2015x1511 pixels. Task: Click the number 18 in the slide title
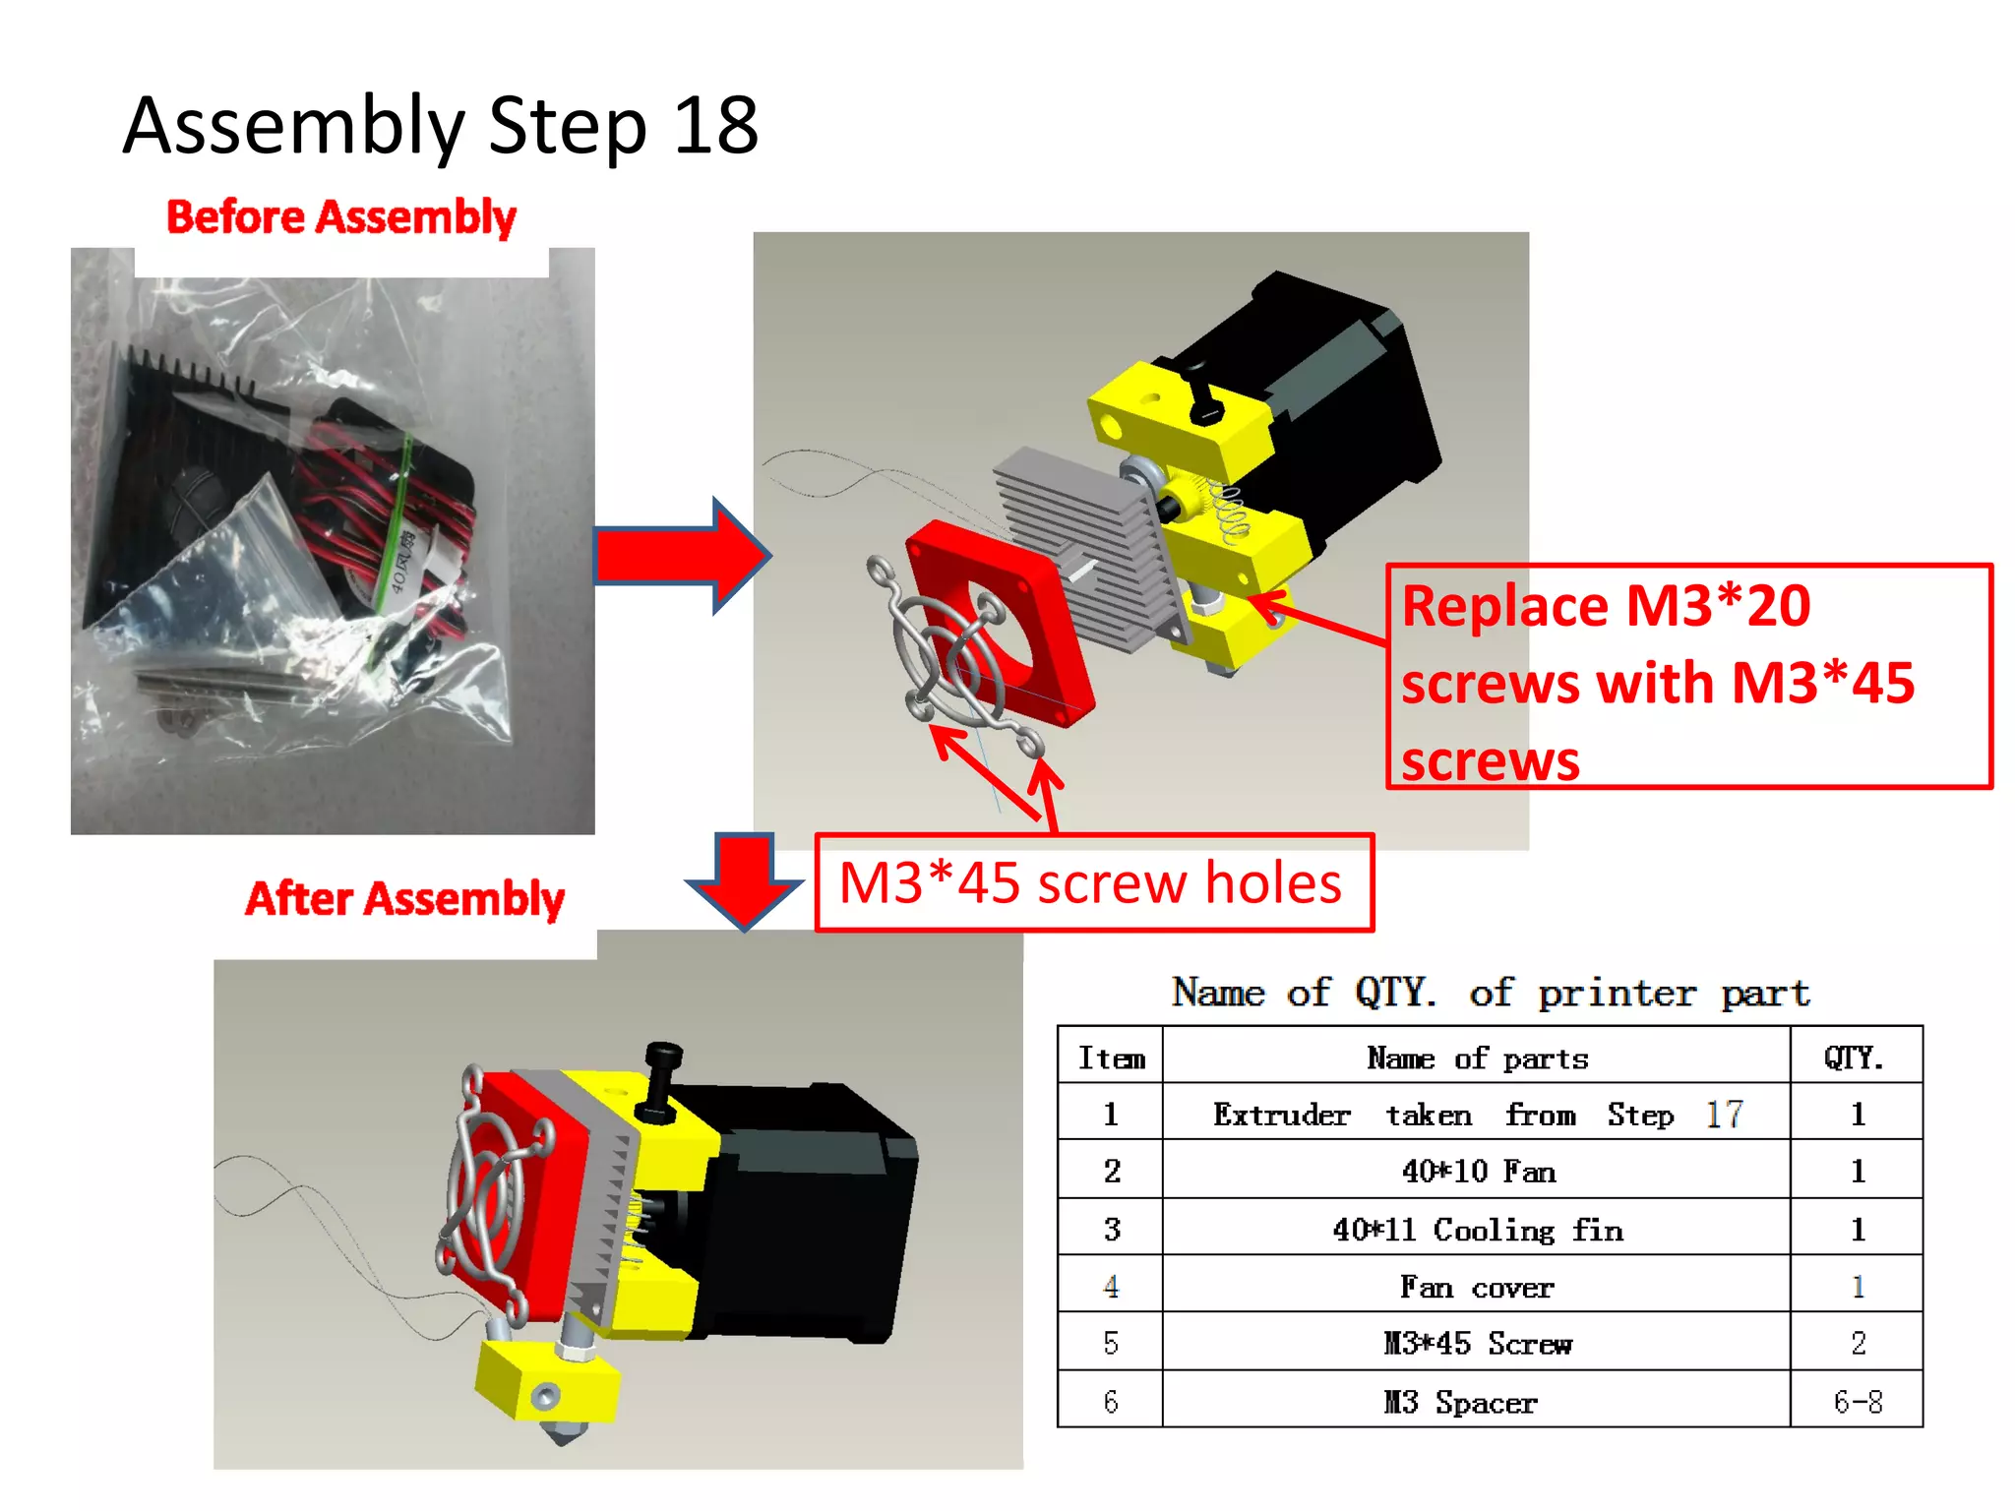coord(715,126)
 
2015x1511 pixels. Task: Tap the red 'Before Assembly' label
coord(340,217)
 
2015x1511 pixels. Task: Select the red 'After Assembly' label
coord(404,898)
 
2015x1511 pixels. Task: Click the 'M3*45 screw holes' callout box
coord(1093,882)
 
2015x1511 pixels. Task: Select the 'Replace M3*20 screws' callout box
coord(1688,677)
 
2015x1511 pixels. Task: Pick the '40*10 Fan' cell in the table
coord(1476,1171)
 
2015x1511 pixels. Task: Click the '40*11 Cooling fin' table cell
coord(1476,1229)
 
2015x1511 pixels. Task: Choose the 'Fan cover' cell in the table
coord(1476,1287)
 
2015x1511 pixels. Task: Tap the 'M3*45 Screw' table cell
coord(1476,1343)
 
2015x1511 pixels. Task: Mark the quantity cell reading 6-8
coord(1857,1401)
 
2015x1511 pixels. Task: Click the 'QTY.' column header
coord(1855,1058)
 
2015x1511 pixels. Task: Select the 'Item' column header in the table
coord(1111,1058)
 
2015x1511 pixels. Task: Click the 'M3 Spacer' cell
coord(1461,1401)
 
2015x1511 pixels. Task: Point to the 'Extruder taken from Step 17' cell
coord(1476,1114)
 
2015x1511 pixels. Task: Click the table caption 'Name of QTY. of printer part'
coord(1490,992)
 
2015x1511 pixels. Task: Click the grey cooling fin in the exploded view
coord(1082,531)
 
